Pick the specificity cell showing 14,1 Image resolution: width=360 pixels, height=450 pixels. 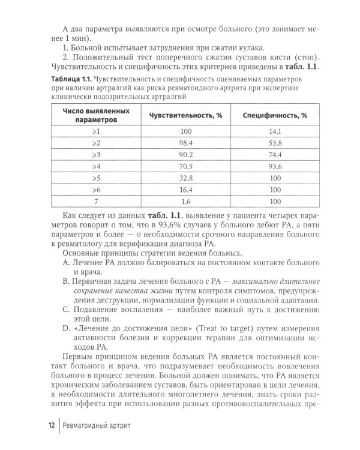275,131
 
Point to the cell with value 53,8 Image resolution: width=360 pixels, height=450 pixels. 275,143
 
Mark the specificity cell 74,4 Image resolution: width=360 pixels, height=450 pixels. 275,155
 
